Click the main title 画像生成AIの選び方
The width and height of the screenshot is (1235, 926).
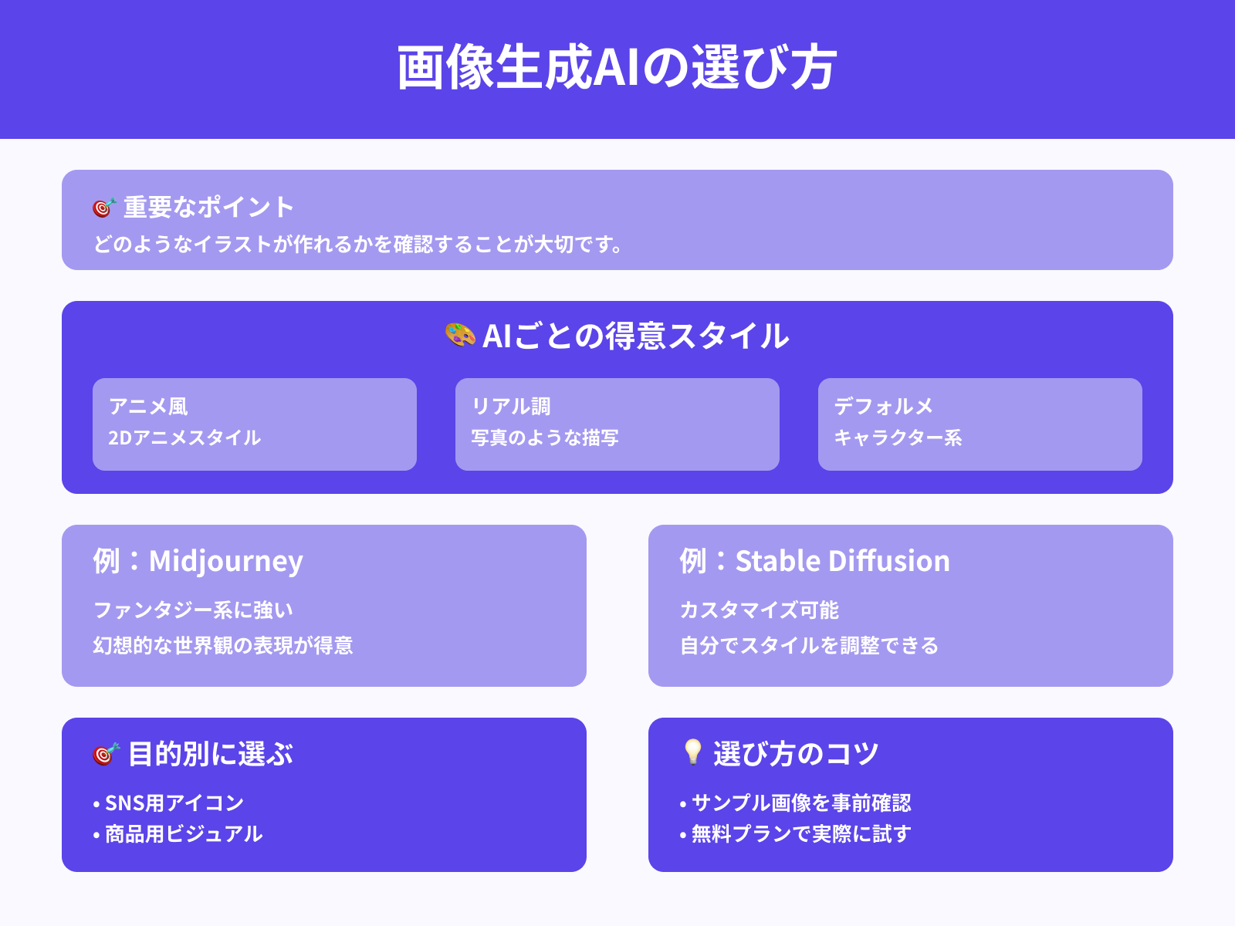point(617,68)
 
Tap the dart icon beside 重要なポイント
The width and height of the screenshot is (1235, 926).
point(104,208)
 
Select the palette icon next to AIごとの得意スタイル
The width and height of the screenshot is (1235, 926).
point(460,336)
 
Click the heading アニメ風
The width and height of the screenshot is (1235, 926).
point(148,407)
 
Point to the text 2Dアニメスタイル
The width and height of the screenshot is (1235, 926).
point(184,438)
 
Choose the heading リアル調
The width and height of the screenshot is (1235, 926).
point(511,407)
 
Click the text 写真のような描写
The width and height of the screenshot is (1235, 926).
point(545,438)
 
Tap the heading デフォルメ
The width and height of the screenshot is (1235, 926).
point(884,407)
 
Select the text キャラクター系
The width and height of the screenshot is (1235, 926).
point(898,438)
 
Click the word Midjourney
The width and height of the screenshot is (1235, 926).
point(225,562)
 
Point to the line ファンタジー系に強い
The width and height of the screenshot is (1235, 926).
point(193,610)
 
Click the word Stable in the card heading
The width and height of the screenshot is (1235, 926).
point(777,561)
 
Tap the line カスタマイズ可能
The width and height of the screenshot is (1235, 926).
point(759,610)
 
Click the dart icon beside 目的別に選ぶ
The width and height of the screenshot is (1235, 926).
point(106,754)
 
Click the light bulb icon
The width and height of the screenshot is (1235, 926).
point(692,752)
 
